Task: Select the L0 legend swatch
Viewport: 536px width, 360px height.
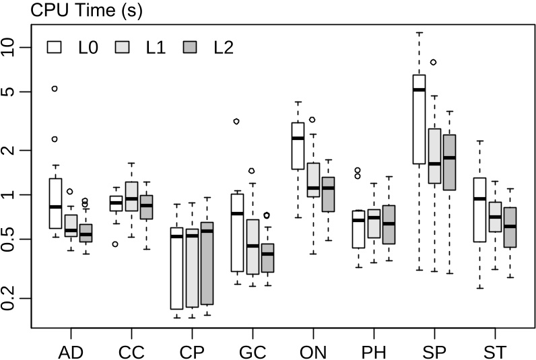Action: click(55, 47)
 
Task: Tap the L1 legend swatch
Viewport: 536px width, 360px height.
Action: click(122, 47)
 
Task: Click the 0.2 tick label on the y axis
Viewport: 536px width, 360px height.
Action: click(13, 297)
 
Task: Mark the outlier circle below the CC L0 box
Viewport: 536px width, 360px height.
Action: click(115, 244)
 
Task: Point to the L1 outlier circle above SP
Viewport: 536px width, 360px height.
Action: click(434, 62)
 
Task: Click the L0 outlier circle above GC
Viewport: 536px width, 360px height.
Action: click(236, 121)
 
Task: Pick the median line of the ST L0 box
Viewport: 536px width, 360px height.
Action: click(479, 199)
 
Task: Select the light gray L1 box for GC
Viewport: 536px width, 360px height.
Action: click(252, 246)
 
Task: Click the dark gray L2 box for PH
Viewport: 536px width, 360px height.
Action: click(389, 224)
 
